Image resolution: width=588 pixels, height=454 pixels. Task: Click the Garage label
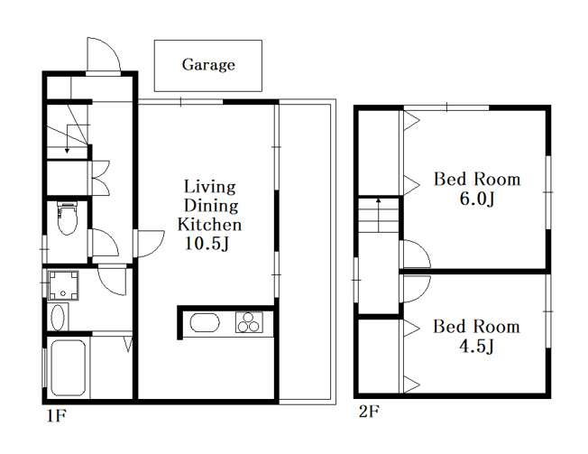pyautogui.click(x=208, y=65)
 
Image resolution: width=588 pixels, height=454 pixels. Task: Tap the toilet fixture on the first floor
pyautogui.click(x=67, y=218)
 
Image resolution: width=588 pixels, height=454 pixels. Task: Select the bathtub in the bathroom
pyautogui.click(x=68, y=367)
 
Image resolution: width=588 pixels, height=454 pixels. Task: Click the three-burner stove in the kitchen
pyautogui.click(x=250, y=322)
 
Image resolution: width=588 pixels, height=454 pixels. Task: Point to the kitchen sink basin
pyautogui.click(x=205, y=322)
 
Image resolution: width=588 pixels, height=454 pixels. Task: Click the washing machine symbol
pyautogui.click(x=63, y=285)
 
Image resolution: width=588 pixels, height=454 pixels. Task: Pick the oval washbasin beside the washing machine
pyautogui.click(x=58, y=318)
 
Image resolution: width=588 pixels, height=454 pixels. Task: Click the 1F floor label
pyautogui.click(x=57, y=415)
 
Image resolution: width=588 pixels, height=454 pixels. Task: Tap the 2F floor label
pyautogui.click(x=369, y=412)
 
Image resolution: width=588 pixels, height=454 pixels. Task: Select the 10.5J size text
pyautogui.click(x=207, y=245)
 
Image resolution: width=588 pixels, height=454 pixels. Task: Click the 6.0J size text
pyautogui.click(x=477, y=199)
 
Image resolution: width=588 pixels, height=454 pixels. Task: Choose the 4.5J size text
pyautogui.click(x=476, y=347)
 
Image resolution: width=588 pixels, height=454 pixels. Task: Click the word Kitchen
pyautogui.click(x=209, y=225)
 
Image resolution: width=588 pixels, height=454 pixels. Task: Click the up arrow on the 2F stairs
pyautogui.click(x=379, y=215)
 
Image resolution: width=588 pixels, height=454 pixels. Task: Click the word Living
pyautogui.click(x=210, y=187)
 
